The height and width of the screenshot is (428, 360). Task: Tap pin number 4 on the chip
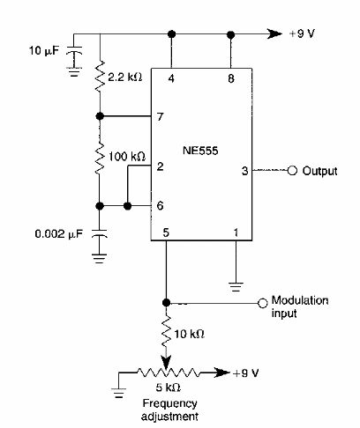(x=170, y=77)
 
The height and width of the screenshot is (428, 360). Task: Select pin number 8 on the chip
(x=231, y=77)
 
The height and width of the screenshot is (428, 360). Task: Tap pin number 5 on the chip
(x=166, y=232)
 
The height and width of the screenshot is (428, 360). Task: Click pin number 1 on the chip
(x=235, y=232)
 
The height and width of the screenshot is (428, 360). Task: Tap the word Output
(x=319, y=170)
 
